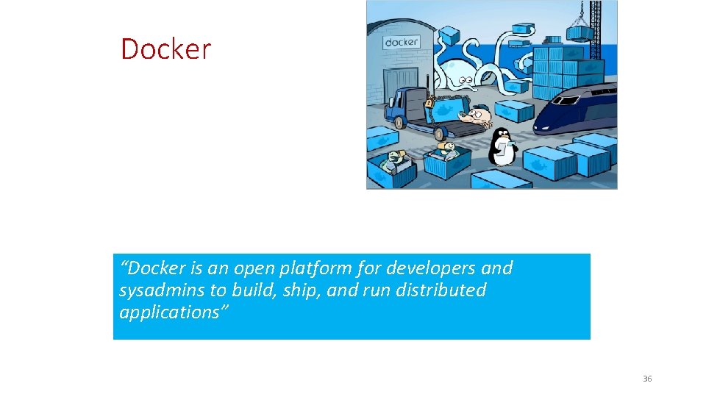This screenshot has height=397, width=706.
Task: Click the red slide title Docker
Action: point(165,49)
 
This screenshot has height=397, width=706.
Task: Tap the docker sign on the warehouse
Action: point(402,42)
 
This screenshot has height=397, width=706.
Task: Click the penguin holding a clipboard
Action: point(502,146)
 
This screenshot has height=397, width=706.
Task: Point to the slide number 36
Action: point(647,379)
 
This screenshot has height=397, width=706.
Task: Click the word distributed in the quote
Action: point(441,290)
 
